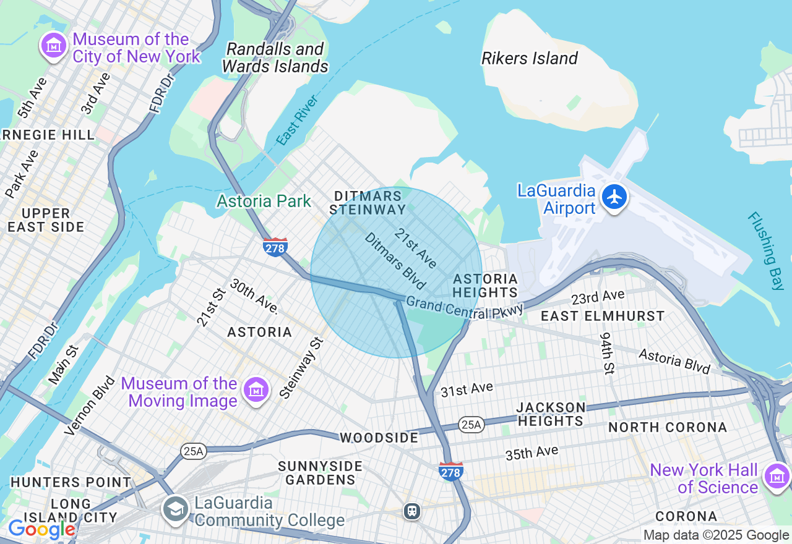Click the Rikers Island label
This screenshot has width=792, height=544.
pos(530,59)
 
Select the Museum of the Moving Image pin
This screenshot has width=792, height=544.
pos(256,390)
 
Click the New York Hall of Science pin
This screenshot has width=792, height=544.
pos(776,476)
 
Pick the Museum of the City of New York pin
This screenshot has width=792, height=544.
pos(54,46)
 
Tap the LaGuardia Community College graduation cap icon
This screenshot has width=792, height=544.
pos(176,509)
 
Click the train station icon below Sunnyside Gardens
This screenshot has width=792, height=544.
pos(411,511)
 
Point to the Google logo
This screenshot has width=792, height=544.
pos(41,529)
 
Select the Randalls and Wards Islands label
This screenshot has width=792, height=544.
pos(275,57)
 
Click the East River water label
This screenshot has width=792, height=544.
pos(298,120)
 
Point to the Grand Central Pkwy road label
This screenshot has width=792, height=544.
pos(465,308)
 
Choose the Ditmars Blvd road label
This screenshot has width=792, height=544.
pos(395,261)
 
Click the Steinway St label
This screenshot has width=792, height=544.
pos(301,367)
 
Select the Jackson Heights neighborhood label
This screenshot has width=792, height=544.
pos(551,414)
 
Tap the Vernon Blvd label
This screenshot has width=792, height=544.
pos(90,405)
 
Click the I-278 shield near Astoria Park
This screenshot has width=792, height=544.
pos(275,247)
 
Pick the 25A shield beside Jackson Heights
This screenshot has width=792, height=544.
pos(471,424)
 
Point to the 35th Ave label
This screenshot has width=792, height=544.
pos(532,453)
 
